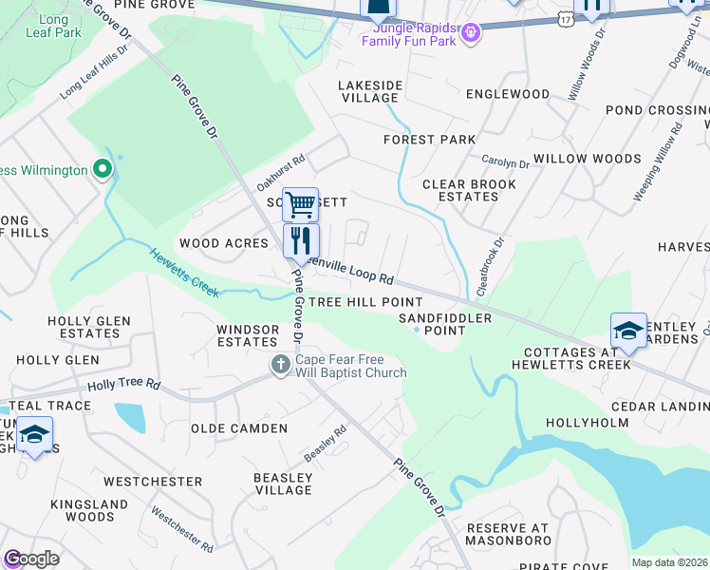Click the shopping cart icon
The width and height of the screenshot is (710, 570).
(x=300, y=202)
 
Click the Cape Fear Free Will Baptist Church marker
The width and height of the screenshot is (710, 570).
(x=280, y=365)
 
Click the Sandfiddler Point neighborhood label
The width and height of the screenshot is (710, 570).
(x=444, y=324)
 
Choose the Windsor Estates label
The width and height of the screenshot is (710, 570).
(x=247, y=335)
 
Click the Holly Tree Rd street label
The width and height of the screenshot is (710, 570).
(x=124, y=386)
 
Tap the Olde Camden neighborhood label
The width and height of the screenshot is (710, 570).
(x=239, y=428)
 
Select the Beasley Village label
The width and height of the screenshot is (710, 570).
(x=283, y=484)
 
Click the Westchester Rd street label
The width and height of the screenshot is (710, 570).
(x=181, y=529)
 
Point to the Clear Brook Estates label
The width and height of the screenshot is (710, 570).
(x=460, y=190)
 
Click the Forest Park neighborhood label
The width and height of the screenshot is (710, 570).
(x=429, y=140)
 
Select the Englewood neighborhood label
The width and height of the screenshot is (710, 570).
(x=508, y=94)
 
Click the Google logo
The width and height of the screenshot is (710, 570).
(x=31, y=559)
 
